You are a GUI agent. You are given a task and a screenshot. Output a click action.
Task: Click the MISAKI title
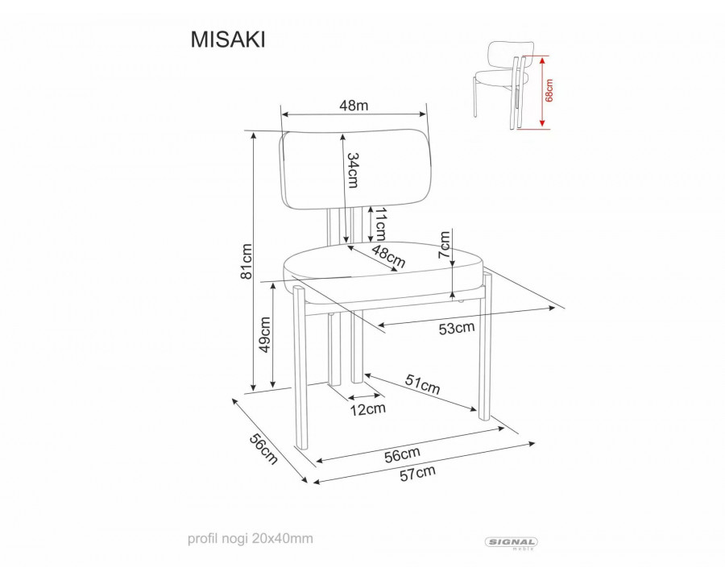pyautogui.click(x=228, y=39)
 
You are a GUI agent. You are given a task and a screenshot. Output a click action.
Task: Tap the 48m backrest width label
pyautogui.click(x=354, y=106)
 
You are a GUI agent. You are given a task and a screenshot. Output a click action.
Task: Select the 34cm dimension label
pyautogui.click(x=353, y=170)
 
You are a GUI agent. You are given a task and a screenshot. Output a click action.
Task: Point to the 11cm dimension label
pyautogui.click(x=380, y=224)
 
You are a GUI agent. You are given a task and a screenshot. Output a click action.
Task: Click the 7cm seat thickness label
pyautogui.click(x=444, y=245)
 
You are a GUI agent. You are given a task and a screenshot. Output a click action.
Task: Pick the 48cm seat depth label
pyautogui.click(x=388, y=257)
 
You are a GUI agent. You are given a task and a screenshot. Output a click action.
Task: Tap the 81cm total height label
pyautogui.click(x=246, y=261)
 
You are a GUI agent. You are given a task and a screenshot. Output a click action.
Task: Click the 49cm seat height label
pyautogui.click(x=265, y=334)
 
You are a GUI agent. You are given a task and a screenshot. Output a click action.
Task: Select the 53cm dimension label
pyautogui.click(x=457, y=328)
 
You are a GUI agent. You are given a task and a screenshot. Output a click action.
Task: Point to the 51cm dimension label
pyautogui.click(x=423, y=384)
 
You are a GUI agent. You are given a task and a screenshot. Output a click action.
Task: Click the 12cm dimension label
pyautogui.click(x=367, y=409)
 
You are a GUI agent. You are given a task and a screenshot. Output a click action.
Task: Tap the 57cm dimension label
pyautogui.click(x=417, y=473)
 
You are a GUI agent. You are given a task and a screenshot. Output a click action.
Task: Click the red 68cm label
pyautogui.click(x=549, y=90)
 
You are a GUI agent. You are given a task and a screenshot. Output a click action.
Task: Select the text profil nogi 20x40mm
pyautogui.click(x=251, y=538)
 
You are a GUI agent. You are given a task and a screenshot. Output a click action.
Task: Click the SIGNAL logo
pyautogui.click(x=511, y=542)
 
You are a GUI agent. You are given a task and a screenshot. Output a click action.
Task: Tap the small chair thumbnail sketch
pyautogui.click(x=504, y=85)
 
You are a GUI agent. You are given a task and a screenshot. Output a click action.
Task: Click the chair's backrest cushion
pyautogui.click(x=356, y=170)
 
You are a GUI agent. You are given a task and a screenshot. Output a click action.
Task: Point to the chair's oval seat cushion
pyautogui.click(x=383, y=273)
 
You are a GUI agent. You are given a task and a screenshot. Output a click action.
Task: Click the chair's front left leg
pyautogui.click(x=300, y=367)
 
